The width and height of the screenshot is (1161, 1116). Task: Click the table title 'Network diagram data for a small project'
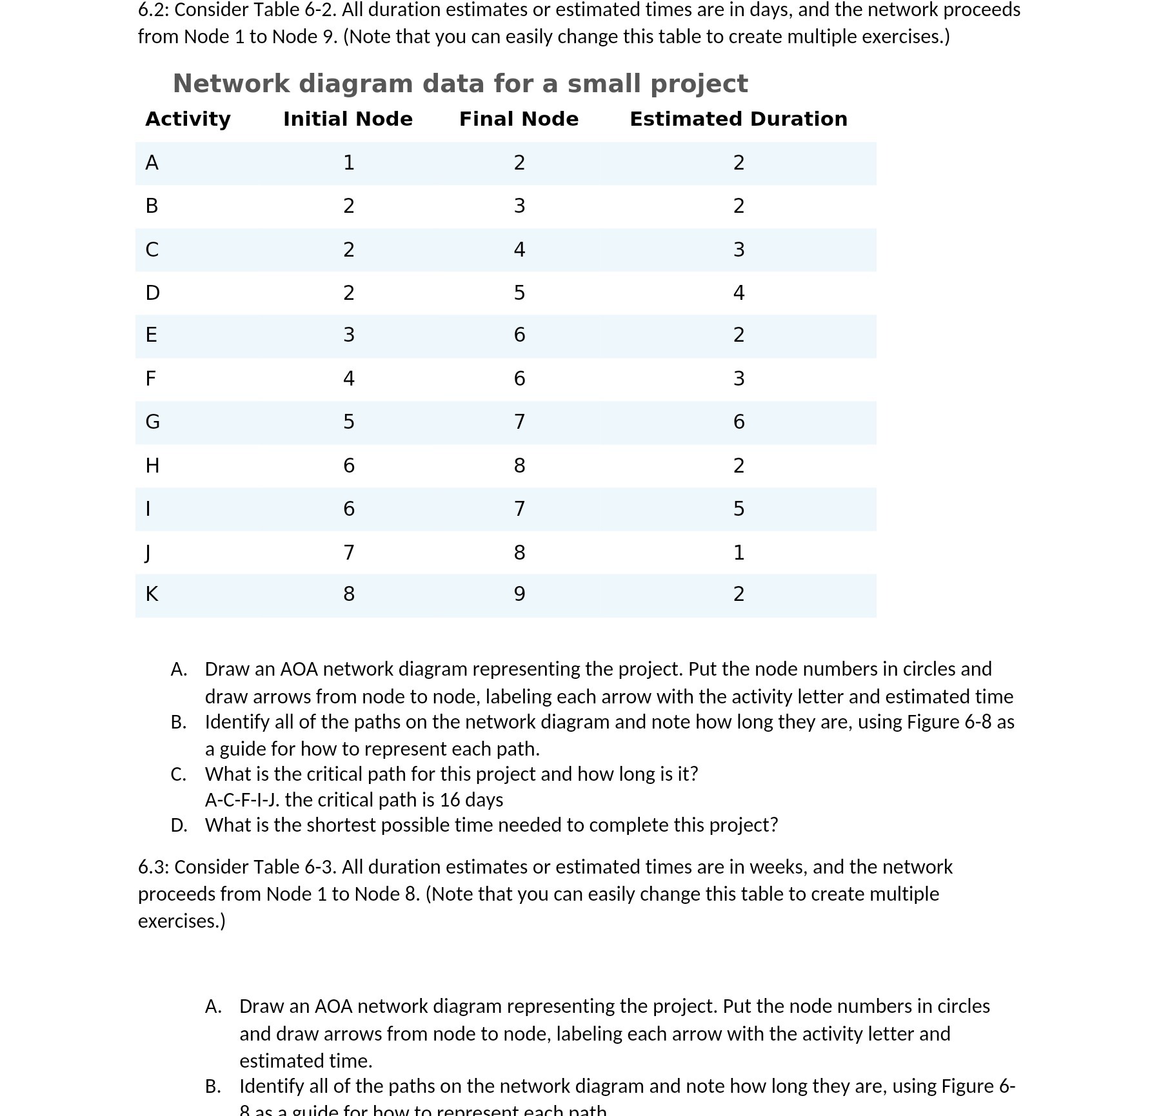click(460, 84)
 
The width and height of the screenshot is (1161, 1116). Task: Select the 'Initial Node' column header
click(348, 119)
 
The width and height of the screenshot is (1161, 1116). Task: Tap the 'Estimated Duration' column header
click(738, 119)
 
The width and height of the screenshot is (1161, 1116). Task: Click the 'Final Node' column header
click(519, 119)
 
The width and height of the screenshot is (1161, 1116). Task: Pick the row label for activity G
click(152, 422)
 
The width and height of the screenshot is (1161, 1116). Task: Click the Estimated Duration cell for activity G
click(739, 422)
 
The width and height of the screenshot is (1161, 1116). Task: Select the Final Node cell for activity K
click(519, 594)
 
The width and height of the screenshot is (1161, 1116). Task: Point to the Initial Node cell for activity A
click(348, 162)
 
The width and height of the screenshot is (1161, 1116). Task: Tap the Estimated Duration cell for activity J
click(739, 553)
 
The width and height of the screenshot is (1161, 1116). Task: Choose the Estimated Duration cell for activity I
click(739, 509)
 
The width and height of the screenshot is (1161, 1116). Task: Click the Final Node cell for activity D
click(519, 293)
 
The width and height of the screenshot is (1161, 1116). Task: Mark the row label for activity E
click(151, 335)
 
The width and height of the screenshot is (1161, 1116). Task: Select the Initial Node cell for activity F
click(348, 378)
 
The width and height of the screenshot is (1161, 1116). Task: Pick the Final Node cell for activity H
click(519, 465)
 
